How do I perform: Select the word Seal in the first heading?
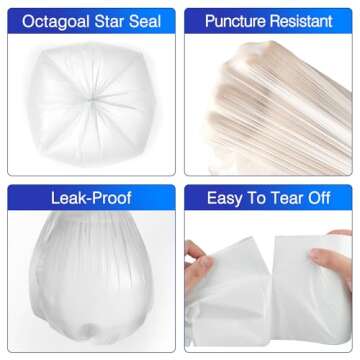click(147, 21)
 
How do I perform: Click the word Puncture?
click(237, 21)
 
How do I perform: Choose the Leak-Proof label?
click(90, 199)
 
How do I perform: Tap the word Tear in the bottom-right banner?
click(284, 199)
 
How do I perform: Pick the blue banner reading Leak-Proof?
click(90, 199)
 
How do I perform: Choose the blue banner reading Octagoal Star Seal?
click(90, 21)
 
